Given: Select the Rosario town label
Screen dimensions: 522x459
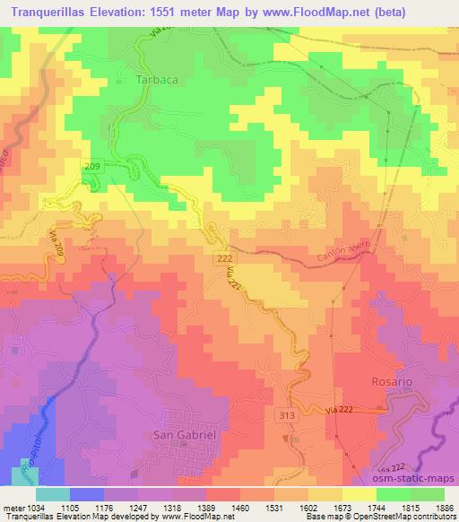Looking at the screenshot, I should point(392,381).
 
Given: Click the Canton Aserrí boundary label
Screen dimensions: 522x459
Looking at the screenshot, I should point(338,259).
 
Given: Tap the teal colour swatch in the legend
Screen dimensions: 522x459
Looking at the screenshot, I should point(52,494).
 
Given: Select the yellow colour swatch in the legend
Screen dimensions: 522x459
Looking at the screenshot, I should point(359,494).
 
